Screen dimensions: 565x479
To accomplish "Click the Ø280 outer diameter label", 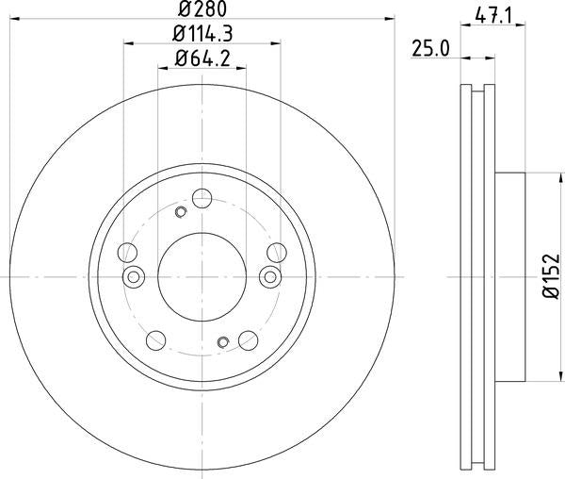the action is (202, 9).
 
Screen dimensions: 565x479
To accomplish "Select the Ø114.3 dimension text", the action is (202, 34).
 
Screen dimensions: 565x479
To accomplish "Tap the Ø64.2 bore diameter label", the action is (202, 58).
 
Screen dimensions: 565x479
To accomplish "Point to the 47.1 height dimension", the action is (493, 16).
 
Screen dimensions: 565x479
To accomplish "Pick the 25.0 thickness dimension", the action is (430, 49).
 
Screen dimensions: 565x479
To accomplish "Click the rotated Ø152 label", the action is (552, 276).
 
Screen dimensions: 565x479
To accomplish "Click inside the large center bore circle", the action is (202, 276).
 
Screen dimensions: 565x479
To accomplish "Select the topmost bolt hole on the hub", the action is (202, 198).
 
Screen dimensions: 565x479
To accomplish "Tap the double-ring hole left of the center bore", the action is (134, 277).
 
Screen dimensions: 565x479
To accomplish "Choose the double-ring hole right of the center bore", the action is (270, 277).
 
